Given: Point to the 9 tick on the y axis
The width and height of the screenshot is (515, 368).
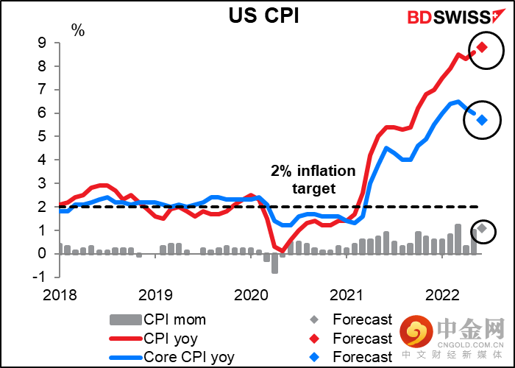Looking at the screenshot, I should [41, 43].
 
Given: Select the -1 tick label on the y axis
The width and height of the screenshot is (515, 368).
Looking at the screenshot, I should [39, 276].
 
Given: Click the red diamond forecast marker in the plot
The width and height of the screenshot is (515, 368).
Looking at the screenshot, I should [482, 47].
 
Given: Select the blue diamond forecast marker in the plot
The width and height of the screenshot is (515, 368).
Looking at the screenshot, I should [482, 120].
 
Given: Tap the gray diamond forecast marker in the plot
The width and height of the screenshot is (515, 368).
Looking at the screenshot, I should [482, 228].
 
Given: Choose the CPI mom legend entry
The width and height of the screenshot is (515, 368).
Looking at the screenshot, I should [157, 319].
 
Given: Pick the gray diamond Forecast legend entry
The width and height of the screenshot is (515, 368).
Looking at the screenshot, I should [353, 319].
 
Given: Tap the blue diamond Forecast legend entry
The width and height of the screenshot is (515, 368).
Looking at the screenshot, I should [353, 357].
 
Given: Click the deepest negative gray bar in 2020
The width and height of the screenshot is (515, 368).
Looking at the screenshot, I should [274, 263].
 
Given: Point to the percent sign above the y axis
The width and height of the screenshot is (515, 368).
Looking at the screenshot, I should [77, 30].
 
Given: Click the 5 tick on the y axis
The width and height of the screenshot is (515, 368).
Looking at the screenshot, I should [41, 136].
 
